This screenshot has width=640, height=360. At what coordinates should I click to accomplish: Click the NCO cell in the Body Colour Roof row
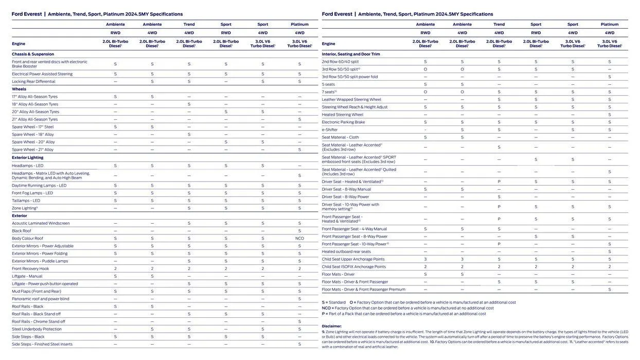click(x=299, y=239)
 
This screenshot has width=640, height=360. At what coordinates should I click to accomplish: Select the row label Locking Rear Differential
click(x=33, y=81)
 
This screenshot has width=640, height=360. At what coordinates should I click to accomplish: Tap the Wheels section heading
click(x=19, y=89)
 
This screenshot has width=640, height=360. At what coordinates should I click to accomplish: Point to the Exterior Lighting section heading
click(x=28, y=157)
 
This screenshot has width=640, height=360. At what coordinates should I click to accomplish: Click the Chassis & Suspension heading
click(x=33, y=54)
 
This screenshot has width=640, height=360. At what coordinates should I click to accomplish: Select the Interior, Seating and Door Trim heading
click(x=351, y=54)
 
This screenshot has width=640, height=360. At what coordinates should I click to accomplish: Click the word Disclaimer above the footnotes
click(x=331, y=326)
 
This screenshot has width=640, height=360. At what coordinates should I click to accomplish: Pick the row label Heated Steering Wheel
click(x=342, y=115)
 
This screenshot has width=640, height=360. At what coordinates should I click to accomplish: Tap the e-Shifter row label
click(x=330, y=130)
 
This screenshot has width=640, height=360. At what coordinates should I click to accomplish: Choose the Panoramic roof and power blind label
click(x=41, y=299)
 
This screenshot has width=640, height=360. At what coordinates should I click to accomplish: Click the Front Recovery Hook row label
click(x=30, y=268)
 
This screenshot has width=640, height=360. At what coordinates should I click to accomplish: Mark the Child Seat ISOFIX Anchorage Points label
click(x=353, y=267)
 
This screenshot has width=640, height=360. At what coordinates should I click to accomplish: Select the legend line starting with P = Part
click(x=403, y=314)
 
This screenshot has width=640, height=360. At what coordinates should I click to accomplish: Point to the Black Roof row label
click(x=22, y=231)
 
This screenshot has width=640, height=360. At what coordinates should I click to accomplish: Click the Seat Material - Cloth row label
click(x=340, y=137)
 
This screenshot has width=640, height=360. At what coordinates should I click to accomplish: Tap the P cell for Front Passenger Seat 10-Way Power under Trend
click(x=499, y=244)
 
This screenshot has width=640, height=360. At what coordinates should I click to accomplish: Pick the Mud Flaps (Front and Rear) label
click(x=37, y=291)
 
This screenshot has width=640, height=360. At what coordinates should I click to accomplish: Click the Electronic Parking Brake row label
click(x=343, y=122)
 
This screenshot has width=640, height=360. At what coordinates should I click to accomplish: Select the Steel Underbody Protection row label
click(x=37, y=329)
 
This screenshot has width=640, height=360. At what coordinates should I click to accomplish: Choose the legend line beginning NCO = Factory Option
click(x=407, y=308)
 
